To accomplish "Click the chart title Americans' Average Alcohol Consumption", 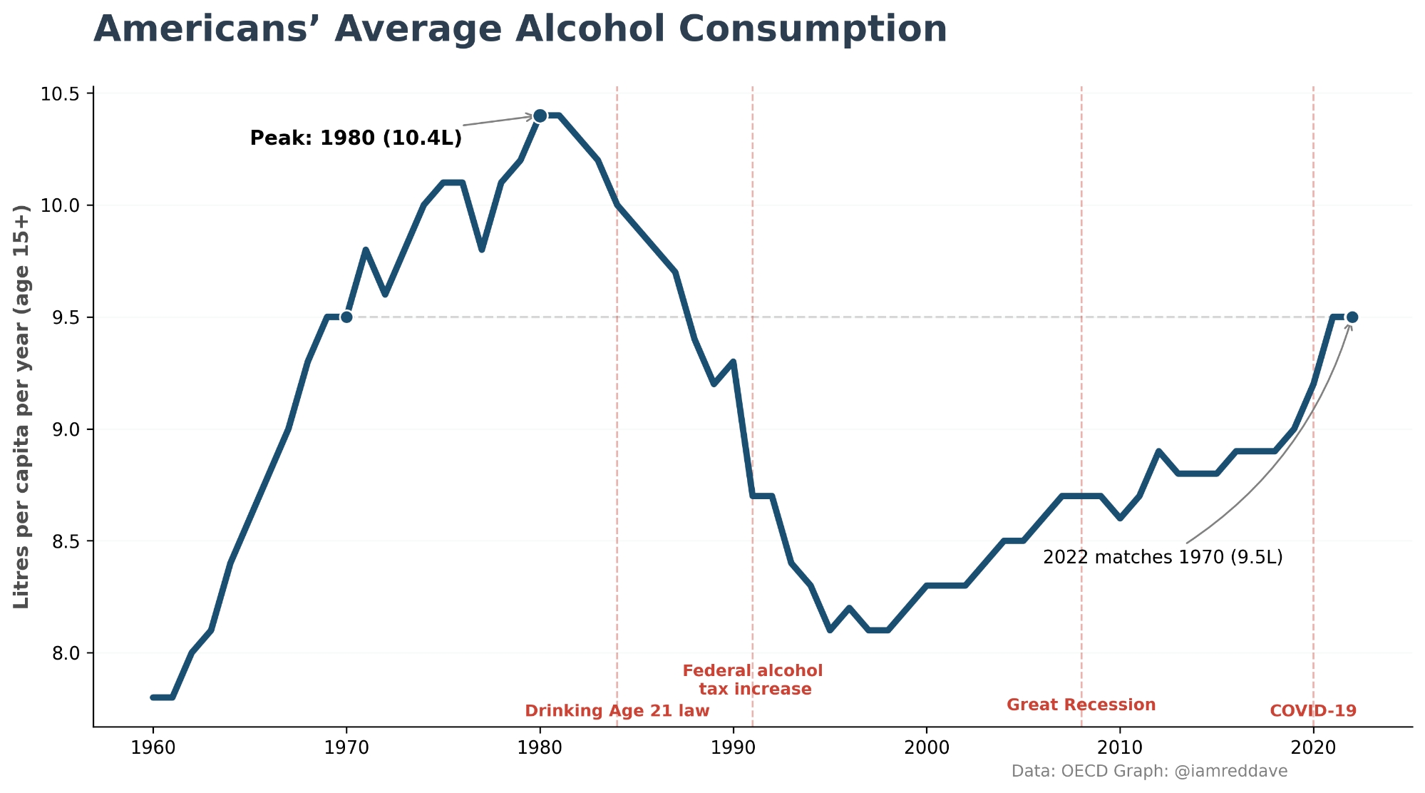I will click(x=520, y=30).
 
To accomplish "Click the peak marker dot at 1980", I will click(x=540, y=116).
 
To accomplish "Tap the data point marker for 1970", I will click(x=346, y=317).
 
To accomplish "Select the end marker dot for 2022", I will click(x=1352, y=317).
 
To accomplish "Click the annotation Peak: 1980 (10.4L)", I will click(x=356, y=138).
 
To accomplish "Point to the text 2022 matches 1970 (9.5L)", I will click(x=1162, y=557).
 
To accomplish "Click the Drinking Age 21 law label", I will click(x=617, y=711).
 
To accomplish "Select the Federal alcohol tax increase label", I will click(x=753, y=680).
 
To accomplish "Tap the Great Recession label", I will click(x=1081, y=705).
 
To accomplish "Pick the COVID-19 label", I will click(x=1313, y=711).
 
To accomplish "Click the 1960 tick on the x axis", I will click(x=153, y=748).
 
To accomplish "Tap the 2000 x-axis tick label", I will click(x=926, y=748).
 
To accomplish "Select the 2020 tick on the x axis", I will click(x=1313, y=748).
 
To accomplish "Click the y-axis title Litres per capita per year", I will click(x=22, y=406).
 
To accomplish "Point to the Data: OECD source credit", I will click(x=1149, y=772).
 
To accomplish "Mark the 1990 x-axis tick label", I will click(x=733, y=748).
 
